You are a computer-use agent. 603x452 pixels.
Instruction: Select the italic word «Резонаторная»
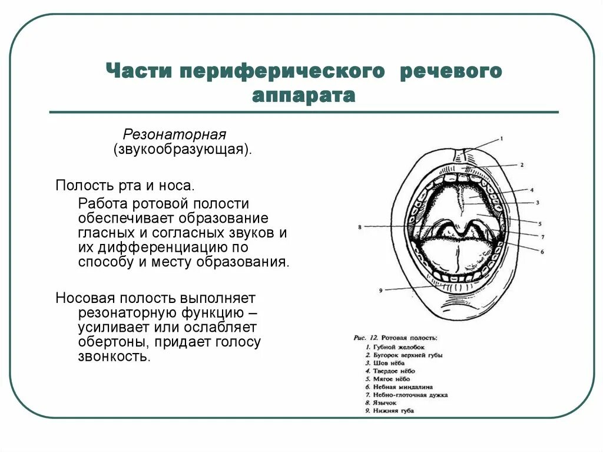click(x=174, y=133)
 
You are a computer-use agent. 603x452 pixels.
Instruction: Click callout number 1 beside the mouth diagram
click(x=501, y=138)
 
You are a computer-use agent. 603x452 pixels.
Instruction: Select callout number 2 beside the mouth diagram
click(x=521, y=165)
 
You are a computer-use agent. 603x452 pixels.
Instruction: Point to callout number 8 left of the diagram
click(x=359, y=226)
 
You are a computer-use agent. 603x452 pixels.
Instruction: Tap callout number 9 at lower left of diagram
click(x=381, y=290)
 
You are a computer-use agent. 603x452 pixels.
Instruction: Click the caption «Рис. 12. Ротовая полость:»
click(x=395, y=338)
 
